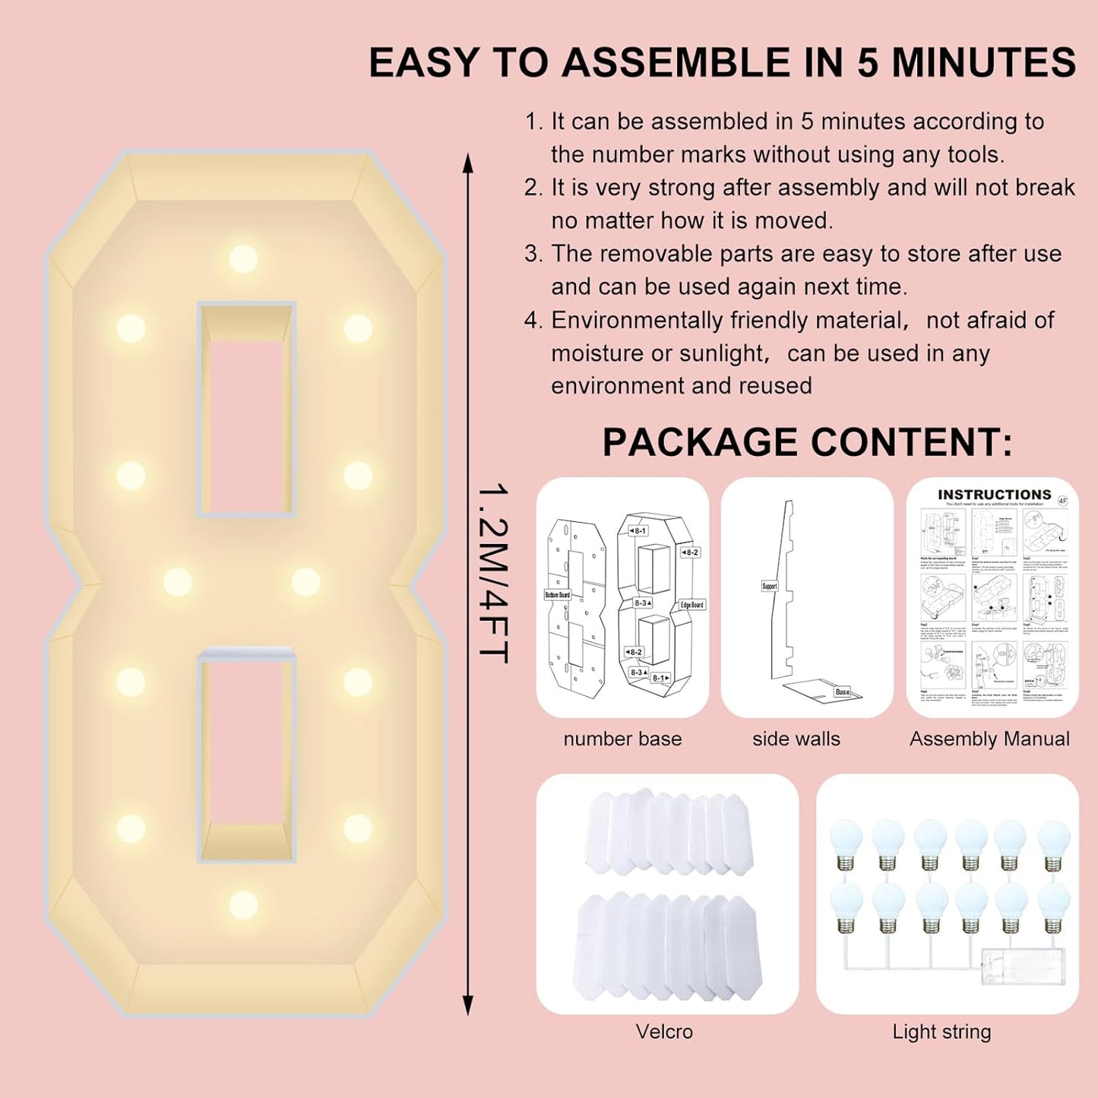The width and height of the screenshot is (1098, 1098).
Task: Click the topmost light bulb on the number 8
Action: click(243, 258)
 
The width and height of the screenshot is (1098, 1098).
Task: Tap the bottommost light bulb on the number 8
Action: click(243, 904)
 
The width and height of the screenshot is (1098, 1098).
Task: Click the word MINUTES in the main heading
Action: click(983, 62)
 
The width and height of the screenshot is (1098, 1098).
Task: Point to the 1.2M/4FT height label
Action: click(492, 574)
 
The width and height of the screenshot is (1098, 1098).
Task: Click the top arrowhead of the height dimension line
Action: click(468, 162)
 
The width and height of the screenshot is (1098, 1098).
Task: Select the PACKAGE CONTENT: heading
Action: click(807, 442)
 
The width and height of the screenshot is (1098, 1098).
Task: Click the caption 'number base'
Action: click(622, 739)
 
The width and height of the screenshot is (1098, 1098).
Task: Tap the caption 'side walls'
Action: click(796, 739)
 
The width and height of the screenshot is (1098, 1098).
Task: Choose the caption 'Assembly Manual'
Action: click(989, 739)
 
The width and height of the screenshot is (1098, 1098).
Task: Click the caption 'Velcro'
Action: click(664, 1032)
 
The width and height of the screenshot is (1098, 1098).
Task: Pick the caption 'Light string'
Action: click(941, 1032)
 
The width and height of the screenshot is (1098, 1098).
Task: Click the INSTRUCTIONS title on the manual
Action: click(994, 495)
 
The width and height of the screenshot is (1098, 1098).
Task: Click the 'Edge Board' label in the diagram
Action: click(691, 605)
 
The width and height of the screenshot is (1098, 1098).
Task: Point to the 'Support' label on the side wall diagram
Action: click(770, 586)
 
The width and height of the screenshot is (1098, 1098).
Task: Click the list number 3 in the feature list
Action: click(533, 254)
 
